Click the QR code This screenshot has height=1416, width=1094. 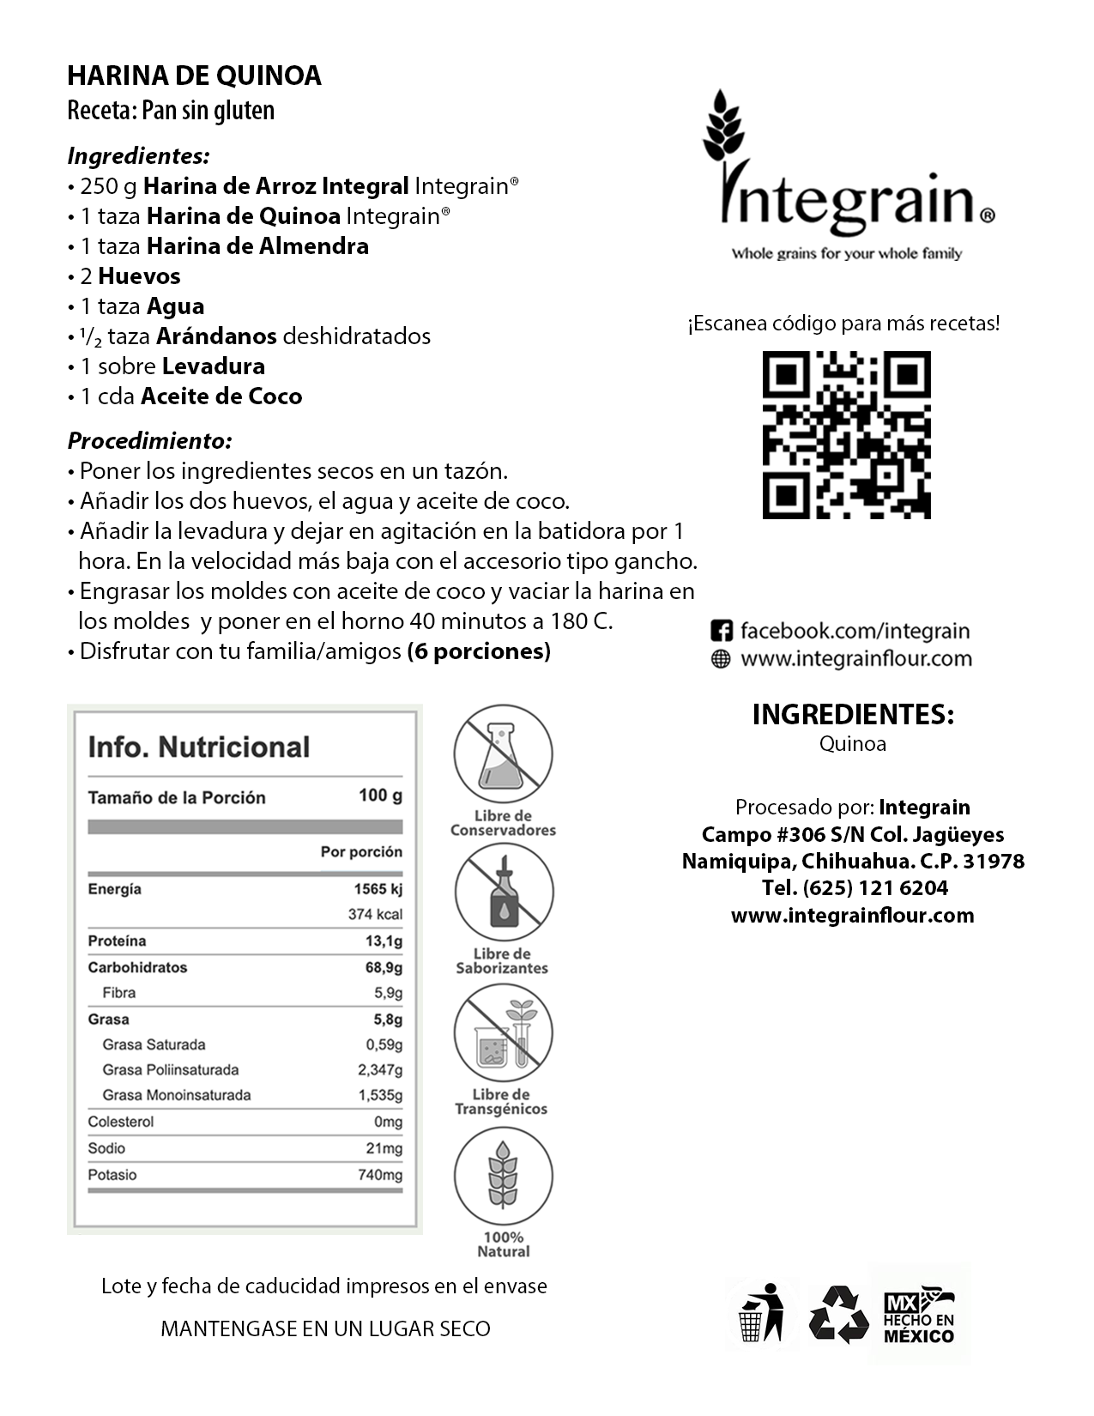[846, 434]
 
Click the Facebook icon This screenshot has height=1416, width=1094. [722, 632]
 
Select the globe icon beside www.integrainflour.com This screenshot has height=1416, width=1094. [722, 659]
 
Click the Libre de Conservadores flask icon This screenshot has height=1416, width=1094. [503, 754]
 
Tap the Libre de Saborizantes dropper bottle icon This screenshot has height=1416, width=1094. [503, 893]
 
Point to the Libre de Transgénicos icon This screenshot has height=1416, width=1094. [503, 1032]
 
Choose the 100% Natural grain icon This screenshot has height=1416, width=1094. [503, 1175]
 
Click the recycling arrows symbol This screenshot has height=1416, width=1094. [839, 1314]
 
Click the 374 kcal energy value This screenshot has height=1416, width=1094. [375, 914]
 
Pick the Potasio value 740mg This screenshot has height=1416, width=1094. [379, 1175]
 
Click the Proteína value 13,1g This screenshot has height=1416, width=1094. [384, 941]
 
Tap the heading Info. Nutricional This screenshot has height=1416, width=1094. [198, 747]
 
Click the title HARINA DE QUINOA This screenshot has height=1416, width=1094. [194, 76]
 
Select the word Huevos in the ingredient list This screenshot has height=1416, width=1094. [139, 276]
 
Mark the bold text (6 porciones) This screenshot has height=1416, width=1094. [479, 651]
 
